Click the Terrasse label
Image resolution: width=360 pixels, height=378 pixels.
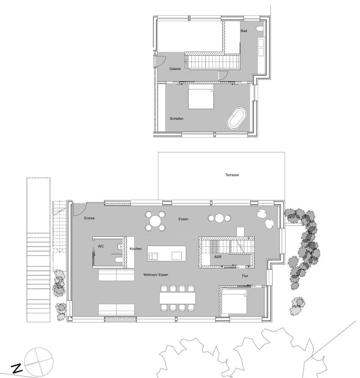(232, 175)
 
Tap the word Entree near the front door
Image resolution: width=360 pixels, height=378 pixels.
(89, 218)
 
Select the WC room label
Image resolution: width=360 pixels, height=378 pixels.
(101, 246)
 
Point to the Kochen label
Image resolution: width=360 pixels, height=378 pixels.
(136, 249)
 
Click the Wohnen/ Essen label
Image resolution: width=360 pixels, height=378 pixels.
(156, 275)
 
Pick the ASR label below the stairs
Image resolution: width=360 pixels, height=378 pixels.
(217, 257)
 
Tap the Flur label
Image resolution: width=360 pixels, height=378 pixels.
(245, 276)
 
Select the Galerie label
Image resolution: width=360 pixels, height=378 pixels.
(175, 69)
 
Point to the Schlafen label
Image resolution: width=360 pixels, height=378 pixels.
(176, 118)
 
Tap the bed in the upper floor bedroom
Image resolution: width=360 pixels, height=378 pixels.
(201, 97)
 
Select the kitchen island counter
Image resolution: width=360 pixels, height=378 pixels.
(166, 253)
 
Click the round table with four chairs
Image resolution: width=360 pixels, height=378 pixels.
(155, 221)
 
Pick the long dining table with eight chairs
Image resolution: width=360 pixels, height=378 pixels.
(177, 298)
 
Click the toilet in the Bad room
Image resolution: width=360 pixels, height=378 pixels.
(259, 29)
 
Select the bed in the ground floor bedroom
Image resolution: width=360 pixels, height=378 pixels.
(234, 302)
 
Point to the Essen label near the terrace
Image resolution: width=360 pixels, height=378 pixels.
(183, 219)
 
